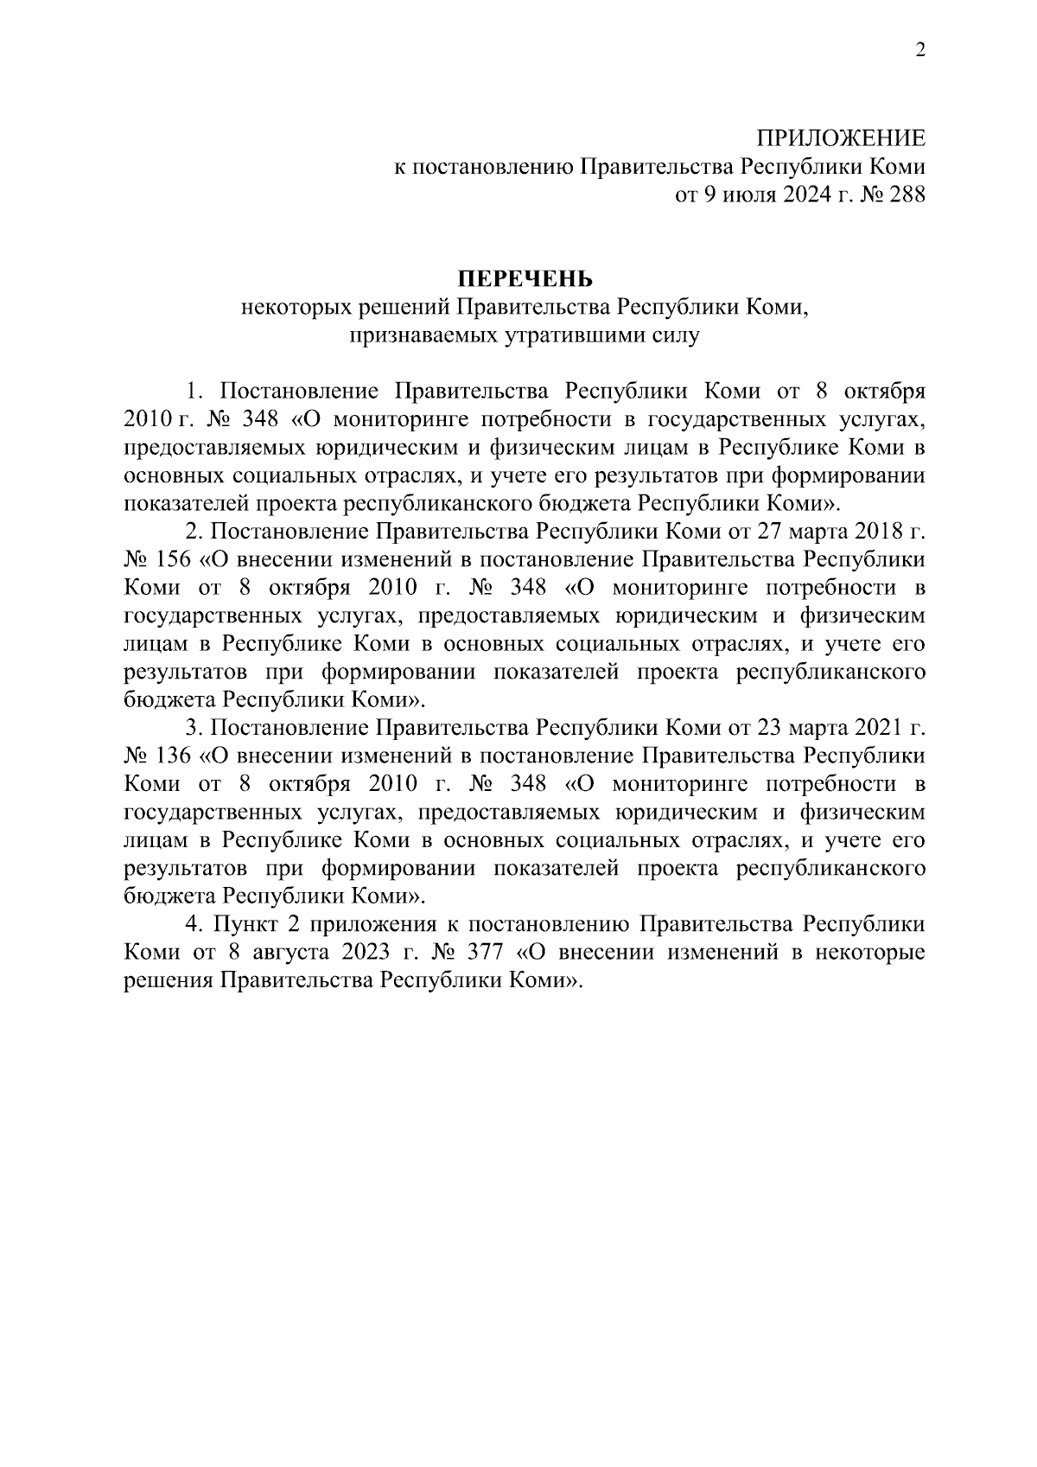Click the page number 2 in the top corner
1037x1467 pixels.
[920, 50]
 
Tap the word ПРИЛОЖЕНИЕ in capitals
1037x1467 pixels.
[841, 139]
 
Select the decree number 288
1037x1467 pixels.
[908, 195]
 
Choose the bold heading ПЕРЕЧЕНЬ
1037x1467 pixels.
[525, 278]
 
